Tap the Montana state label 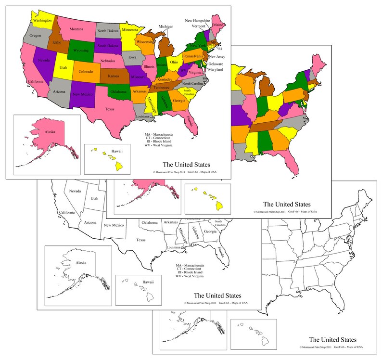[x=76, y=29]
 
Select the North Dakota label [x=108, y=31]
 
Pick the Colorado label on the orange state [x=86, y=72]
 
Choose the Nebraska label [x=110, y=61]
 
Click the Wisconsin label [x=145, y=42]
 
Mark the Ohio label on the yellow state [x=174, y=63]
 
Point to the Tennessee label [x=165, y=88]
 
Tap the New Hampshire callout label [x=199, y=21]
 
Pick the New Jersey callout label [x=216, y=57]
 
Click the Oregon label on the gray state [x=35, y=36]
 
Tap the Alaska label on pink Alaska [x=50, y=130]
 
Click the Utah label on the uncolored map [x=94, y=198]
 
